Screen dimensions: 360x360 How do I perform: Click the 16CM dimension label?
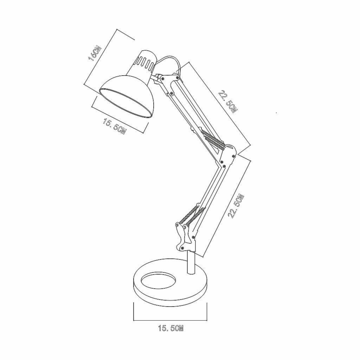pos(95,53)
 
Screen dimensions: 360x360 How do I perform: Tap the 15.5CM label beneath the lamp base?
pos(171,328)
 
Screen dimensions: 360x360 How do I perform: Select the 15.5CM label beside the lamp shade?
pos(115,126)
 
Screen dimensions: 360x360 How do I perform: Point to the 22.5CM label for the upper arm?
pos(227,102)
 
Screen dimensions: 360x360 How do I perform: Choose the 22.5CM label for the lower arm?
pos(235,206)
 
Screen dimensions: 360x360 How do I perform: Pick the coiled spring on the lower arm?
pos(191,215)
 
